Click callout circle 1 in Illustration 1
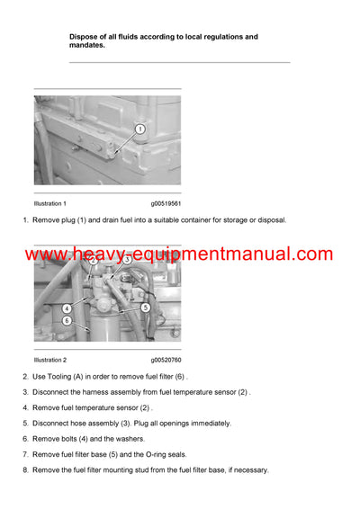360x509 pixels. tap(139, 129)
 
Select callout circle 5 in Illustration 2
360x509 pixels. tap(145, 308)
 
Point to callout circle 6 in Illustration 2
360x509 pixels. tap(67, 320)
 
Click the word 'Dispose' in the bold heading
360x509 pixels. tap(85, 37)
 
